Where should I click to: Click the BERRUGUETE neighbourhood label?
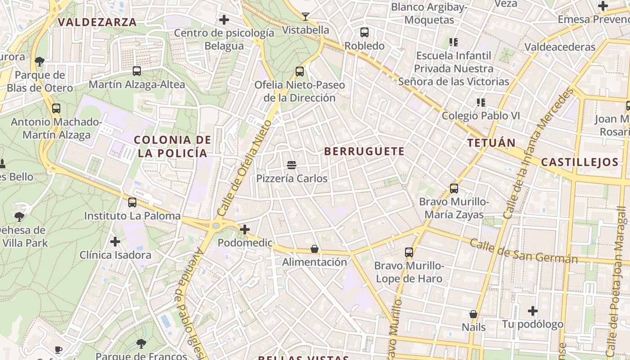pyautogui.click(x=364, y=151)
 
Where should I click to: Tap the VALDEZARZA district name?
pyautogui.click(x=97, y=22)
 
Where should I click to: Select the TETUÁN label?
pyautogui.click(x=491, y=143)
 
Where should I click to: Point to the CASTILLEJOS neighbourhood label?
pyautogui.click(x=580, y=162)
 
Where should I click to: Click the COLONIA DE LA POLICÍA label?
pyautogui.click(x=173, y=146)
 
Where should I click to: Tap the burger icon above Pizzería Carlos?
pyautogui.click(x=292, y=165)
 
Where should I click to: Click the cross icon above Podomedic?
pyautogui.click(x=245, y=230)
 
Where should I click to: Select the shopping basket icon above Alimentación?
pyautogui.click(x=315, y=249)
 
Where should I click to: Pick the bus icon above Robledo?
pyautogui.click(x=364, y=32)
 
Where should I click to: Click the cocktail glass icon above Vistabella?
pyautogui.click(x=306, y=17)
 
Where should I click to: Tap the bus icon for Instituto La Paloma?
pyautogui.click(x=132, y=202)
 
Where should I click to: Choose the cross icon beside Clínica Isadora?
pyautogui.click(x=115, y=242)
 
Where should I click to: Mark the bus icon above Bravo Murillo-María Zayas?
pyautogui.click(x=454, y=188)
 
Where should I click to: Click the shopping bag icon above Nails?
pyautogui.click(x=473, y=314)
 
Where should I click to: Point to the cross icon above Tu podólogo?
pyautogui.click(x=533, y=311)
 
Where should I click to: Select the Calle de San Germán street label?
pyautogui.click(x=524, y=252)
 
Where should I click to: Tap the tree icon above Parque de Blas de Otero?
pyautogui.click(x=40, y=61)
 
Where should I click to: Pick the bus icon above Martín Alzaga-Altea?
pyautogui.click(x=137, y=71)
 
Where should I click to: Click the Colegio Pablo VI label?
pyautogui.click(x=481, y=116)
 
